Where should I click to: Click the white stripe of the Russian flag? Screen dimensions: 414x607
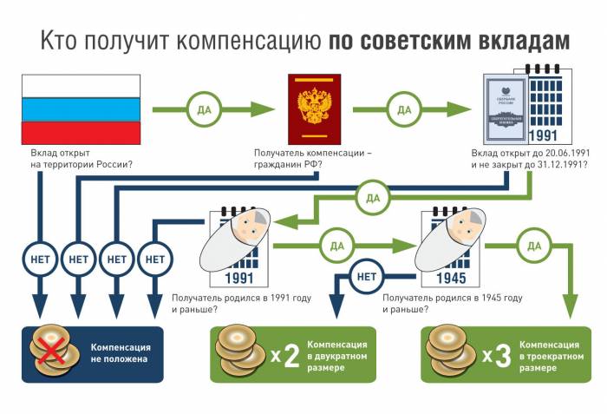[81, 85]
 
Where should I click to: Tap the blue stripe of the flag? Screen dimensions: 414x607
[81, 108]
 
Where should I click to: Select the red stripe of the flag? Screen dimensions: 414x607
[81, 132]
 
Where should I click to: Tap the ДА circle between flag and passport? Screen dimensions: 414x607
[202, 110]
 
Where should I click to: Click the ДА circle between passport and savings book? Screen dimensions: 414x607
[404, 110]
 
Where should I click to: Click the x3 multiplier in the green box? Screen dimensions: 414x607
[499, 355]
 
